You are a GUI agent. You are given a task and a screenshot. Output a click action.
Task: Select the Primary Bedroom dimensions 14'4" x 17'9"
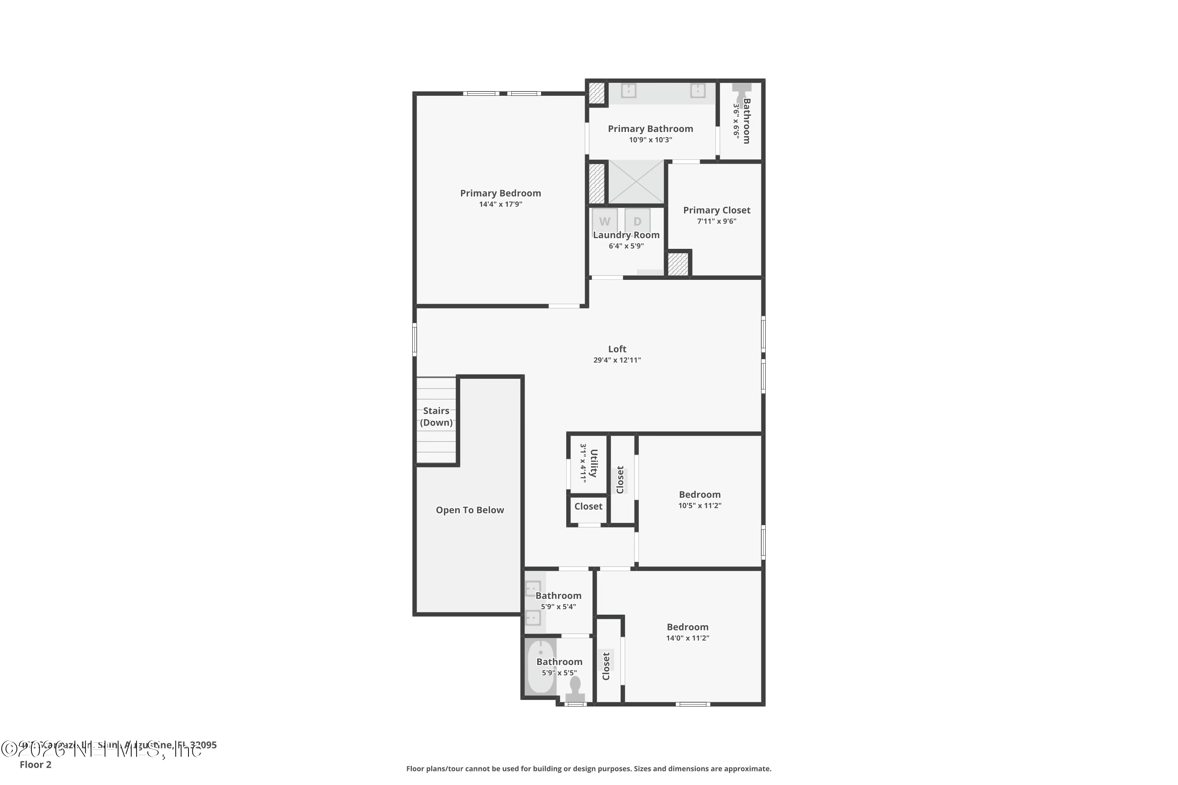(x=500, y=204)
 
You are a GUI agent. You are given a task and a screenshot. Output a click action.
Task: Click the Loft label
(x=617, y=349)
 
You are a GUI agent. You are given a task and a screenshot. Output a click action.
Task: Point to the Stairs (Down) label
(x=436, y=416)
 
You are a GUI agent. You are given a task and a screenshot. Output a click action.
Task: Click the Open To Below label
(x=470, y=510)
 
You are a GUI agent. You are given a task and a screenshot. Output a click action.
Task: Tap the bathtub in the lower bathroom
(x=540, y=667)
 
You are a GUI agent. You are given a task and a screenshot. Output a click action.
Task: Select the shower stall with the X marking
(x=636, y=182)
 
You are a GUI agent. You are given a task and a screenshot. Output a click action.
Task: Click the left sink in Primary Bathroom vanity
(x=629, y=91)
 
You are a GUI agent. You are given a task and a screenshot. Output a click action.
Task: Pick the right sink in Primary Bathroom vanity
(x=698, y=91)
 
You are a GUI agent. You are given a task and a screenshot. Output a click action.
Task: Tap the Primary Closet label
(x=716, y=210)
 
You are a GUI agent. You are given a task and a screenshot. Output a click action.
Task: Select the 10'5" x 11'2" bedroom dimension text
(x=700, y=506)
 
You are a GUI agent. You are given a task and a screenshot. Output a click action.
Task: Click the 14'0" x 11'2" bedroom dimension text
(x=687, y=638)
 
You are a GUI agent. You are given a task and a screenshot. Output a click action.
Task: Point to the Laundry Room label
(x=626, y=235)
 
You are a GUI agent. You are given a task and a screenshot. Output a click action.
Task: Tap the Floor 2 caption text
(x=36, y=765)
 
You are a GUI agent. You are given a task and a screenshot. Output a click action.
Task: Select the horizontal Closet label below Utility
(x=588, y=506)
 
